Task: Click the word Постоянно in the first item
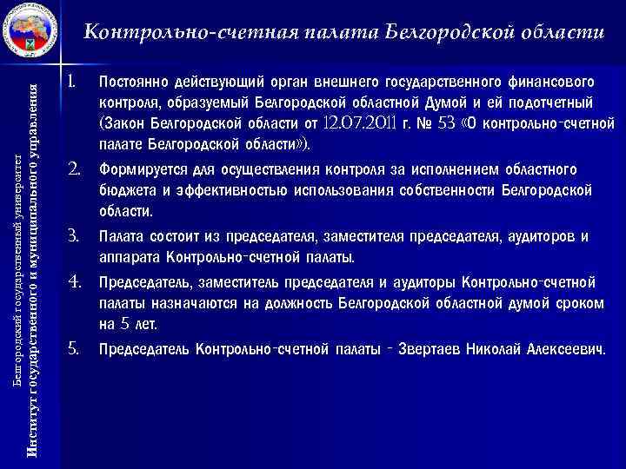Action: click(136, 83)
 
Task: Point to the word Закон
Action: click(128, 122)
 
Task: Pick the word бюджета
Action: click(126, 190)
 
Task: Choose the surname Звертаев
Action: click(431, 350)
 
